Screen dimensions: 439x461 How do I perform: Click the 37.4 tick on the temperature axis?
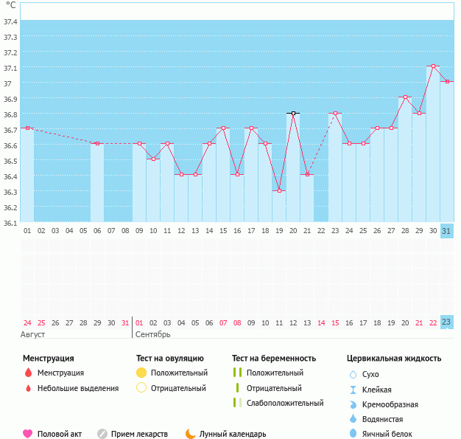coord(10,21)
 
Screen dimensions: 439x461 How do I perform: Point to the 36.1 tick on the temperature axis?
coord(10,222)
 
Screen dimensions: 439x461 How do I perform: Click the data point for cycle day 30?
coord(433,66)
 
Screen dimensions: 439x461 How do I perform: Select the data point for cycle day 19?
coord(279,190)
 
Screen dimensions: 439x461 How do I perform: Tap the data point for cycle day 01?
coord(27,128)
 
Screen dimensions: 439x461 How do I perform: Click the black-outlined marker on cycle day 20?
coord(293,113)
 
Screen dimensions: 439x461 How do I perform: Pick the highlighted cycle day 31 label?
coord(446,231)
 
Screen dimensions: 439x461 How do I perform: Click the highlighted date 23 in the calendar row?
coord(446,322)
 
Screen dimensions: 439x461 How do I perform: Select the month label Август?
coord(33,334)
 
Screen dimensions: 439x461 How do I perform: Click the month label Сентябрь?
coord(153,334)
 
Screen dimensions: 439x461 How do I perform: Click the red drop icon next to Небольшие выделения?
coord(28,388)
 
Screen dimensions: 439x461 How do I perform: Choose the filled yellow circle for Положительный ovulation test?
coord(141,373)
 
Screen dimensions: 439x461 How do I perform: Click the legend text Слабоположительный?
coord(285,403)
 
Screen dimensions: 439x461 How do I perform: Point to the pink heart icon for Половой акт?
coord(28,434)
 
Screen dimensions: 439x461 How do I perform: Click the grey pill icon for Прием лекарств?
coord(102,434)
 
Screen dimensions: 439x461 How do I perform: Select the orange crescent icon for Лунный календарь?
coord(191,434)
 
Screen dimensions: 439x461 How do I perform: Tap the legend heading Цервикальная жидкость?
coord(394,359)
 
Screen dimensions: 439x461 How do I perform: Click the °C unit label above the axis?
coord(10,5)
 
